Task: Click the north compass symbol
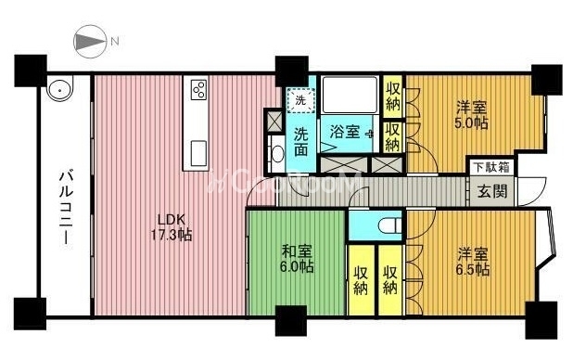(90, 42)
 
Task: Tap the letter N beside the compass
(115, 42)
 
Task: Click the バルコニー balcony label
(66, 207)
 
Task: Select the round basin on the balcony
(58, 88)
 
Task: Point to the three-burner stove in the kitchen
(199, 90)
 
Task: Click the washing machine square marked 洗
(300, 100)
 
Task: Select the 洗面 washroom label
(301, 141)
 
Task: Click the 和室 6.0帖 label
(297, 259)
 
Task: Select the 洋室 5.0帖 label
(471, 115)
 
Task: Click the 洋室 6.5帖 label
(473, 262)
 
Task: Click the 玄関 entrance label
(492, 191)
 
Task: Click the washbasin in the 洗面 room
(278, 154)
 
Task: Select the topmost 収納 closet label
(393, 96)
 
